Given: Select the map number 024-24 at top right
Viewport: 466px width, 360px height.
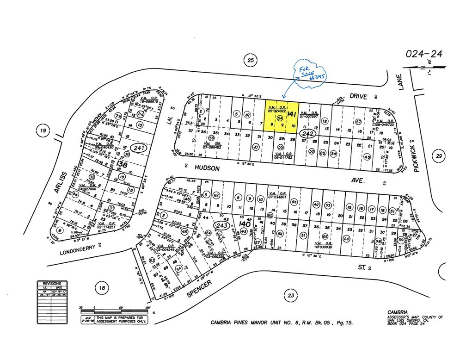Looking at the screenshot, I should click(x=423, y=55).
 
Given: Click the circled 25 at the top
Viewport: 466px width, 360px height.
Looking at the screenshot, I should click(x=251, y=60).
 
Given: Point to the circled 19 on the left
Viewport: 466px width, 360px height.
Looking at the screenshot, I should click(x=43, y=131).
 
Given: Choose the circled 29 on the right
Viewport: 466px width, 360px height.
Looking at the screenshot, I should click(x=438, y=156).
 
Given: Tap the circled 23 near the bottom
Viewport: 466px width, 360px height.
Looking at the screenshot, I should click(x=290, y=295).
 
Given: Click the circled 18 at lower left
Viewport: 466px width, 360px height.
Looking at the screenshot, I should click(x=102, y=287).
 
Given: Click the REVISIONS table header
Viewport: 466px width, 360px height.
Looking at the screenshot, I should click(x=52, y=283).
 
